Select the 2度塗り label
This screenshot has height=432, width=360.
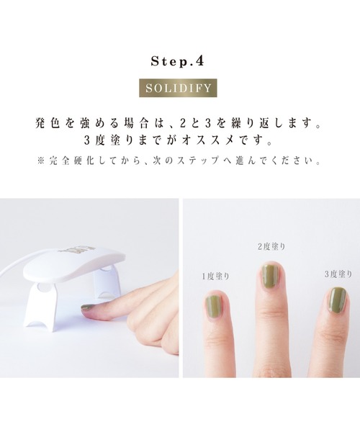271,247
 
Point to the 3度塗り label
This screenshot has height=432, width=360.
336,274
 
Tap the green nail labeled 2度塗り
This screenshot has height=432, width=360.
269,276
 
